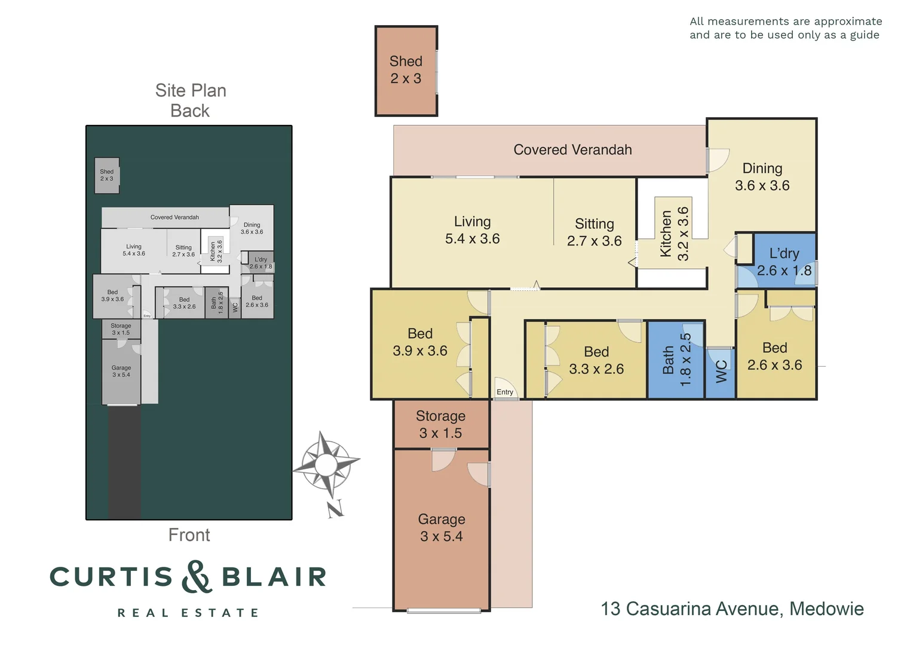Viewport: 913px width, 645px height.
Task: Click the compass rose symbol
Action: (x=326, y=464)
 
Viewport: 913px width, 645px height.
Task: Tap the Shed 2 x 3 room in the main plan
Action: (x=406, y=70)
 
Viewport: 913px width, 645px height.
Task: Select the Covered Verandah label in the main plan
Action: (x=572, y=150)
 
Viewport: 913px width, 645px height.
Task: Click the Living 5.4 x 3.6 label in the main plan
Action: (x=472, y=230)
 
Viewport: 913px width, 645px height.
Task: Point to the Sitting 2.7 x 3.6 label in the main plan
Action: (x=594, y=232)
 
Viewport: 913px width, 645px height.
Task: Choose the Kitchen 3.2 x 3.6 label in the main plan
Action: (x=675, y=234)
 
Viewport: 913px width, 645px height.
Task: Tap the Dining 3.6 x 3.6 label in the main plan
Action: (x=762, y=177)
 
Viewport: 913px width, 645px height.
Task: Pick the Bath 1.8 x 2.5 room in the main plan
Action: (x=676, y=360)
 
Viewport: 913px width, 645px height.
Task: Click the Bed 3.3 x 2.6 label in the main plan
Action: (x=596, y=360)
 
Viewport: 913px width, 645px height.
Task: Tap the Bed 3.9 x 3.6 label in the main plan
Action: (x=419, y=342)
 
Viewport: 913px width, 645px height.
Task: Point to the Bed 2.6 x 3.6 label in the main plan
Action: (x=774, y=356)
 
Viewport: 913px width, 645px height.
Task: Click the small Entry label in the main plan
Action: (x=505, y=392)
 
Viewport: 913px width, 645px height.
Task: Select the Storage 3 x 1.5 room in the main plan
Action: (x=440, y=425)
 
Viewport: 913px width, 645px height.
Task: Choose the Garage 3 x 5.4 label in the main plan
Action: (x=441, y=528)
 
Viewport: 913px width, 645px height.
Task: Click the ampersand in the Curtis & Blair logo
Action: (x=196, y=576)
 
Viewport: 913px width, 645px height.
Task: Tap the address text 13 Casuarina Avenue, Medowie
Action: (x=732, y=609)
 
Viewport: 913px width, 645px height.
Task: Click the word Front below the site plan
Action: (x=189, y=535)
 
